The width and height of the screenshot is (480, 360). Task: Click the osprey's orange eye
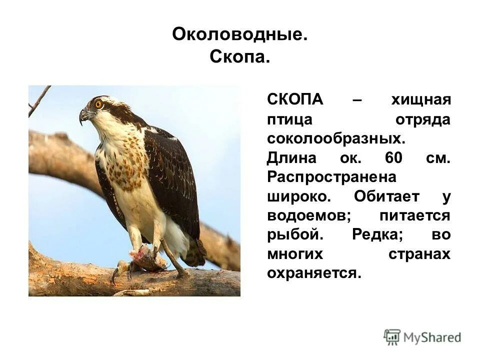coord(98,104)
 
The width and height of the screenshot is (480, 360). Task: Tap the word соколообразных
coord(335,139)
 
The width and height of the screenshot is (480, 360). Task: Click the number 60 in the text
coord(394,159)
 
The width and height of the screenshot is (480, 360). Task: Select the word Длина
coord(292,159)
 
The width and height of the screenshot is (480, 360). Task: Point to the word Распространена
coord(331,177)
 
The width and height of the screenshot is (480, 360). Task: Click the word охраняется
coord(313,273)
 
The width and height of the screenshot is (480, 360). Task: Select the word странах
coord(419,253)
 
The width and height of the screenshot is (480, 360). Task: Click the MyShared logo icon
coord(392,337)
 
